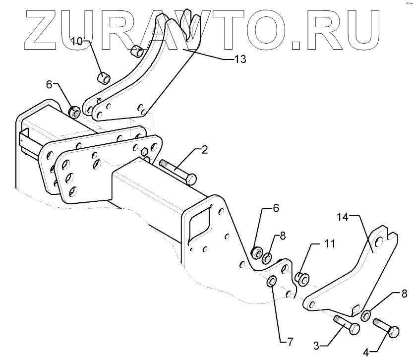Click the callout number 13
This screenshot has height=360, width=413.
(239, 59)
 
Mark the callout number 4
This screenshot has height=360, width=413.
(366, 353)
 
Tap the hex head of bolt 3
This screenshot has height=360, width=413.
(354, 328)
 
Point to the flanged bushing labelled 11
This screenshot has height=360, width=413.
(301, 278)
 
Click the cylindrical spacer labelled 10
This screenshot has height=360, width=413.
(104, 79)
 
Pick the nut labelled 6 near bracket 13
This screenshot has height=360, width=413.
(75, 112)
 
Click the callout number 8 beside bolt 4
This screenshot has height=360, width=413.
(404, 294)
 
